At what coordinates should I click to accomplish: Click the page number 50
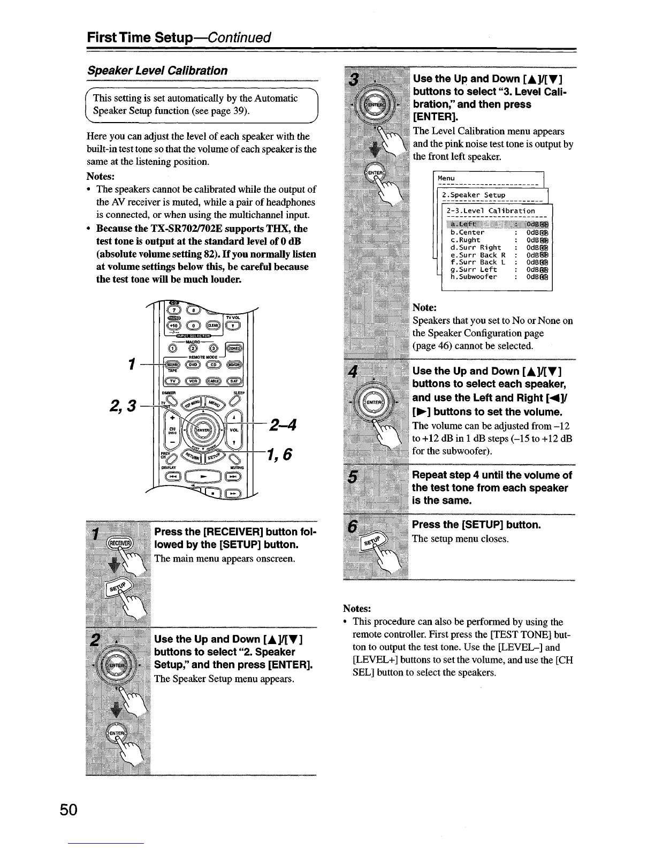69,809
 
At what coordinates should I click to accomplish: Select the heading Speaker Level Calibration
157,71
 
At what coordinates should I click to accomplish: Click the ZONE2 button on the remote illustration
234,348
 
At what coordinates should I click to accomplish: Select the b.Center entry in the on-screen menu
467,232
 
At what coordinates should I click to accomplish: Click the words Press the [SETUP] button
476,525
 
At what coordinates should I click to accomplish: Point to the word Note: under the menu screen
425,308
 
